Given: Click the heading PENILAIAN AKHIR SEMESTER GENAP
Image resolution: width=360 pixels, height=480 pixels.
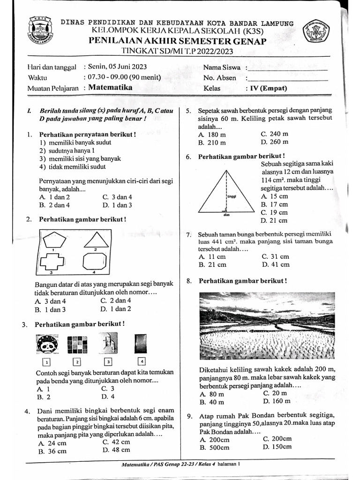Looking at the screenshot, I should pos(177,42).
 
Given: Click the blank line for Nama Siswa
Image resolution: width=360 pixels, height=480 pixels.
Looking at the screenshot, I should pos(287,68).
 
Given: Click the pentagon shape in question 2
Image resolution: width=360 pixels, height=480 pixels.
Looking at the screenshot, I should pos(56,240).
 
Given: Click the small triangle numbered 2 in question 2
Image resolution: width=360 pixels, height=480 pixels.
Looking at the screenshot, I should pos(96,240).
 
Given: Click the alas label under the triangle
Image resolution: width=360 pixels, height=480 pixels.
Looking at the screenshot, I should pos(227,216).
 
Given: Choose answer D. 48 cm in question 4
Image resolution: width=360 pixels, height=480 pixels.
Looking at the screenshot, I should pos(116,450).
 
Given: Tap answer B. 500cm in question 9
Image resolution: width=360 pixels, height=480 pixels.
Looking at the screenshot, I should pos(214,448).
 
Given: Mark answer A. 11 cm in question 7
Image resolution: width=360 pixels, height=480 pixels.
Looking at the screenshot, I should pos(212,256).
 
